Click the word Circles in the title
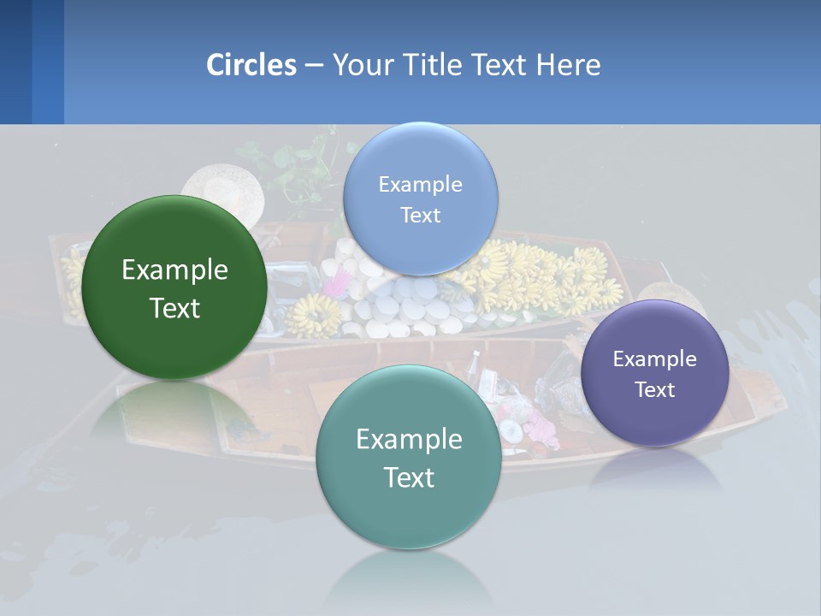click(x=251, y=65)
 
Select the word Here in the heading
click(x=569, y=65)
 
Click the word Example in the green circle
click(x=174, y=270)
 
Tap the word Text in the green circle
click(x=174, y=308)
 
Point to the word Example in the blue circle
click(x=420, y=184)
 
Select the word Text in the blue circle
click(x=420, y=215)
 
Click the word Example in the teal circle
click(x=409, y=440)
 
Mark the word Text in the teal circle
click(x=409, y=477)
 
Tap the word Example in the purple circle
click(x=655, y=358)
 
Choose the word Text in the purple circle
click(x=655, y=389)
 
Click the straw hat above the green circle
click(x=221, y=184)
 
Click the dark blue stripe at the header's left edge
click(x=15, y=62)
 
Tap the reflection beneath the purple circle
click(x=655, y=469)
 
